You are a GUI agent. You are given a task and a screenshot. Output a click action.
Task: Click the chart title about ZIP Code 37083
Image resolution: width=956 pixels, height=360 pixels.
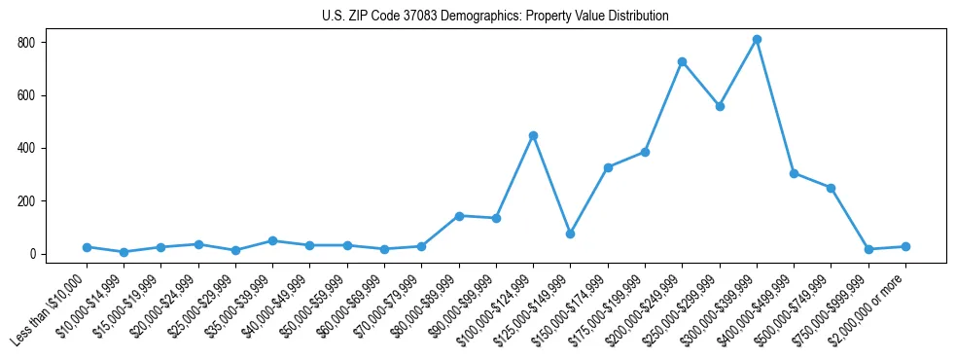pos(495,17)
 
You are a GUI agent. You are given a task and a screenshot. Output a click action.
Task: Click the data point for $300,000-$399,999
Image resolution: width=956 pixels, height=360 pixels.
pos(757,40)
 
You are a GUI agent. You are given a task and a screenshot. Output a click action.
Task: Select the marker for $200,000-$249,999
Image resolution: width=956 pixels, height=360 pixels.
pos(683,61)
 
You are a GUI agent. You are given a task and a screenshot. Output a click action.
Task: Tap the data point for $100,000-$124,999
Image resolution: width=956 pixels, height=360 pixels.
pos(533,135)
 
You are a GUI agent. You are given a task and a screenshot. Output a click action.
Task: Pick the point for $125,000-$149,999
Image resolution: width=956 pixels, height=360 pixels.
pos(571,234)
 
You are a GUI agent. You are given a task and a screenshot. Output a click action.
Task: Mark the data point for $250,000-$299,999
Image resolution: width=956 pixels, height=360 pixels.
pos(720,106)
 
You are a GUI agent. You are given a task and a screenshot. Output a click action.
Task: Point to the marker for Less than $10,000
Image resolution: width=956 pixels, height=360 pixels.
pos(87,247)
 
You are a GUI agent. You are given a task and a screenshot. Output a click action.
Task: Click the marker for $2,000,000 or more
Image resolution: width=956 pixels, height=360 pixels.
pos(905,246)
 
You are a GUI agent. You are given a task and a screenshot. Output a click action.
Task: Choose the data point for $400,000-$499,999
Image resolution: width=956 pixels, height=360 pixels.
pos(795,173)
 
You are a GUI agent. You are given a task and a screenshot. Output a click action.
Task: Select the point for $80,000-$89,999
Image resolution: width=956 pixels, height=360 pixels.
pos(459,216)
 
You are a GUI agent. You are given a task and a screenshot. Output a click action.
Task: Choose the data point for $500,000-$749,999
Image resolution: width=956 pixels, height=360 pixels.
pos(832,188)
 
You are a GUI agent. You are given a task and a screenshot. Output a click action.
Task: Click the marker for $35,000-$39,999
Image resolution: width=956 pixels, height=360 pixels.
pos(273,240)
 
